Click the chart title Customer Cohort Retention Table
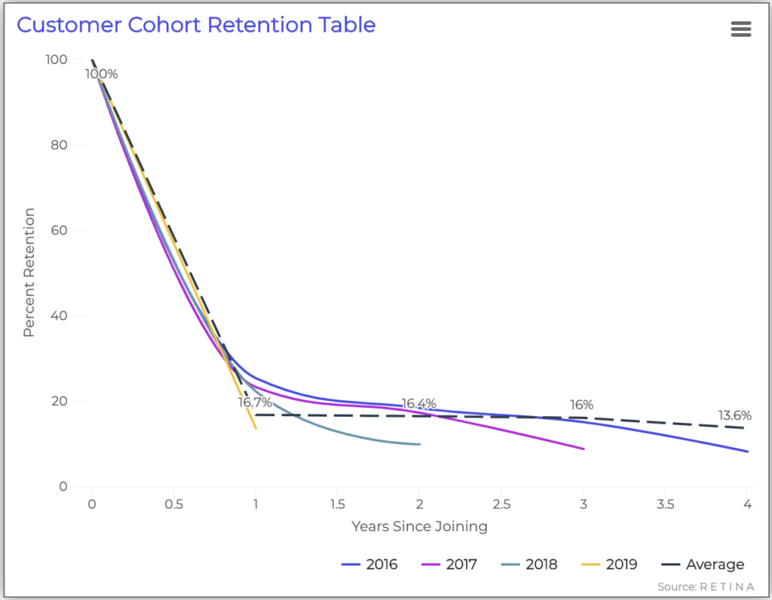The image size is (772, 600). (x=196, y=25)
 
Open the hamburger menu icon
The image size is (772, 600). (x=741, y=29)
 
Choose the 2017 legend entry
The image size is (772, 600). (x=449, y=565)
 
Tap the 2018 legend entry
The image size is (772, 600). (x=529, y=565)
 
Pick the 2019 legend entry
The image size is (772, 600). (x=610, y=565)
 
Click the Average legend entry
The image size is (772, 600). (x=703, y=565)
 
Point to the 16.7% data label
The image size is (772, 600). (x=255, y=403)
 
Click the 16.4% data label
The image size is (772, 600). (x=418, y=404)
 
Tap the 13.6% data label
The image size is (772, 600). (x=734, y=415)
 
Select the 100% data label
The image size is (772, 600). (x=102, y=74)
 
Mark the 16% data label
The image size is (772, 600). (x=582, y=405)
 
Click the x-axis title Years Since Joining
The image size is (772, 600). (x=419, y=526)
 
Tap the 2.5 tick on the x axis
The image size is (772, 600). (x=501, y=504)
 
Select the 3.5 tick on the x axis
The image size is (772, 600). (x=664, y=504)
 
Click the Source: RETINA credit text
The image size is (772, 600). (x=706, y=586)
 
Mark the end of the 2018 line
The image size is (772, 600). (x=419, y=444)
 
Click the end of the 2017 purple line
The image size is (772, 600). (x=584, y=448)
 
